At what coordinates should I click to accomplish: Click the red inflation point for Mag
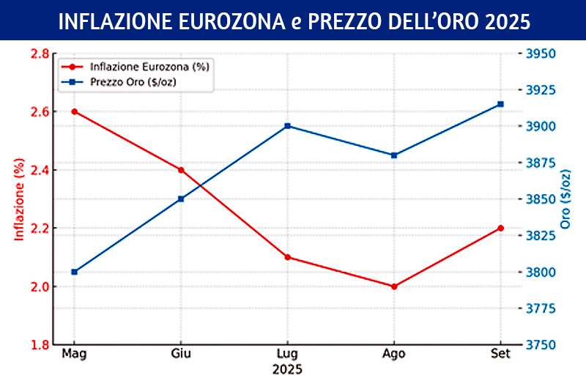74,111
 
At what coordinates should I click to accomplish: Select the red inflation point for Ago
394,286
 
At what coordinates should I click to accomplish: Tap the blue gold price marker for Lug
287,126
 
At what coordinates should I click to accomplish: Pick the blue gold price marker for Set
500,104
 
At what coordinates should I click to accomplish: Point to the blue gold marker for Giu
181,199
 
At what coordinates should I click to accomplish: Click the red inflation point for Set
500,228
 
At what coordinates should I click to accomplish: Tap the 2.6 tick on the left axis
39,111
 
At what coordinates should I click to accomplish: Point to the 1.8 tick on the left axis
39,344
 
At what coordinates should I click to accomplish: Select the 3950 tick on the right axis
541,53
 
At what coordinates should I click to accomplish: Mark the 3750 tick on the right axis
541,344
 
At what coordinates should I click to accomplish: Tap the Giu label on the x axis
181,355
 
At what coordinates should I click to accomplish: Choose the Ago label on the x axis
394,355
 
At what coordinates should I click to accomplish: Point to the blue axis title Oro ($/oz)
565,198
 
